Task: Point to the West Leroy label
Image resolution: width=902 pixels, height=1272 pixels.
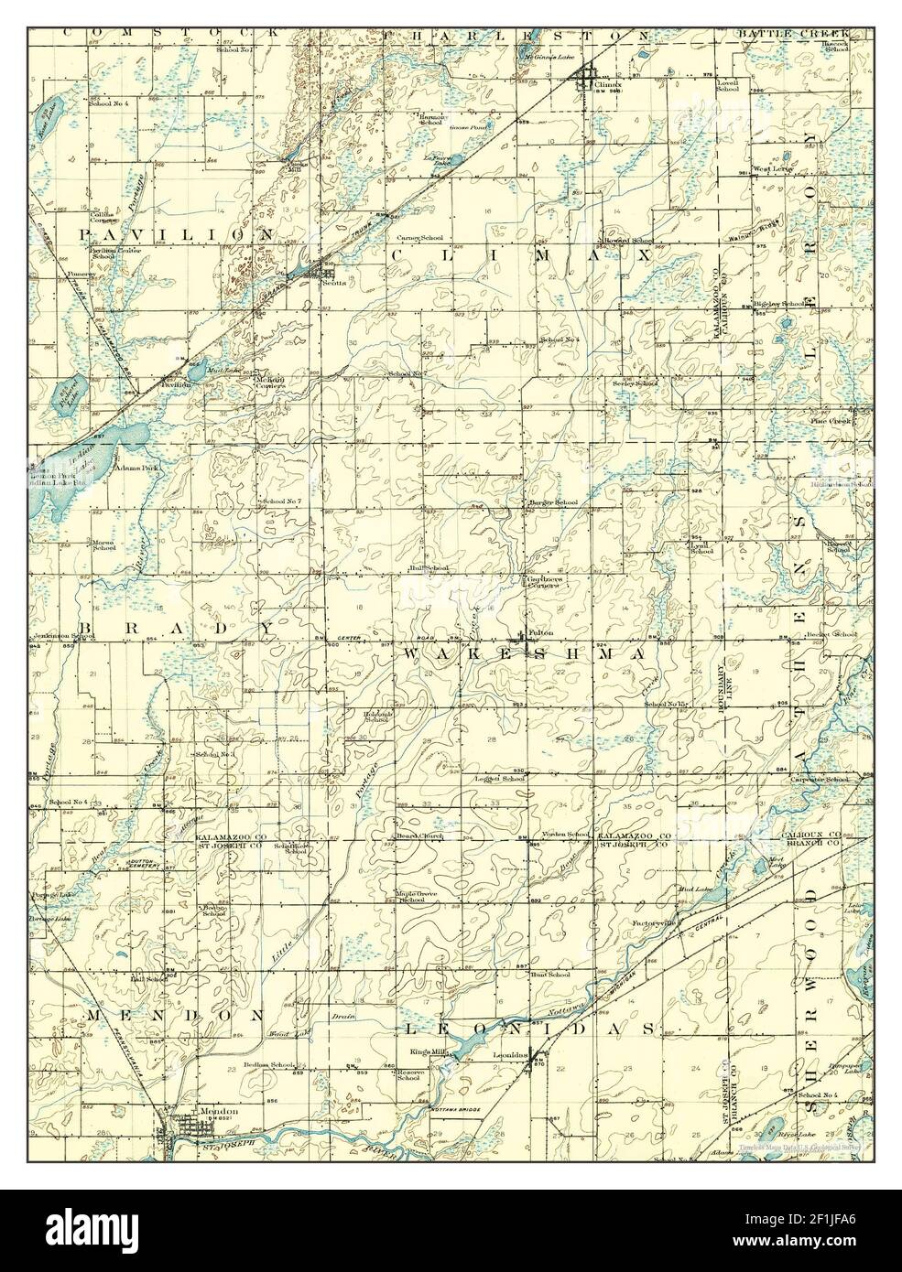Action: pos(771,170)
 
